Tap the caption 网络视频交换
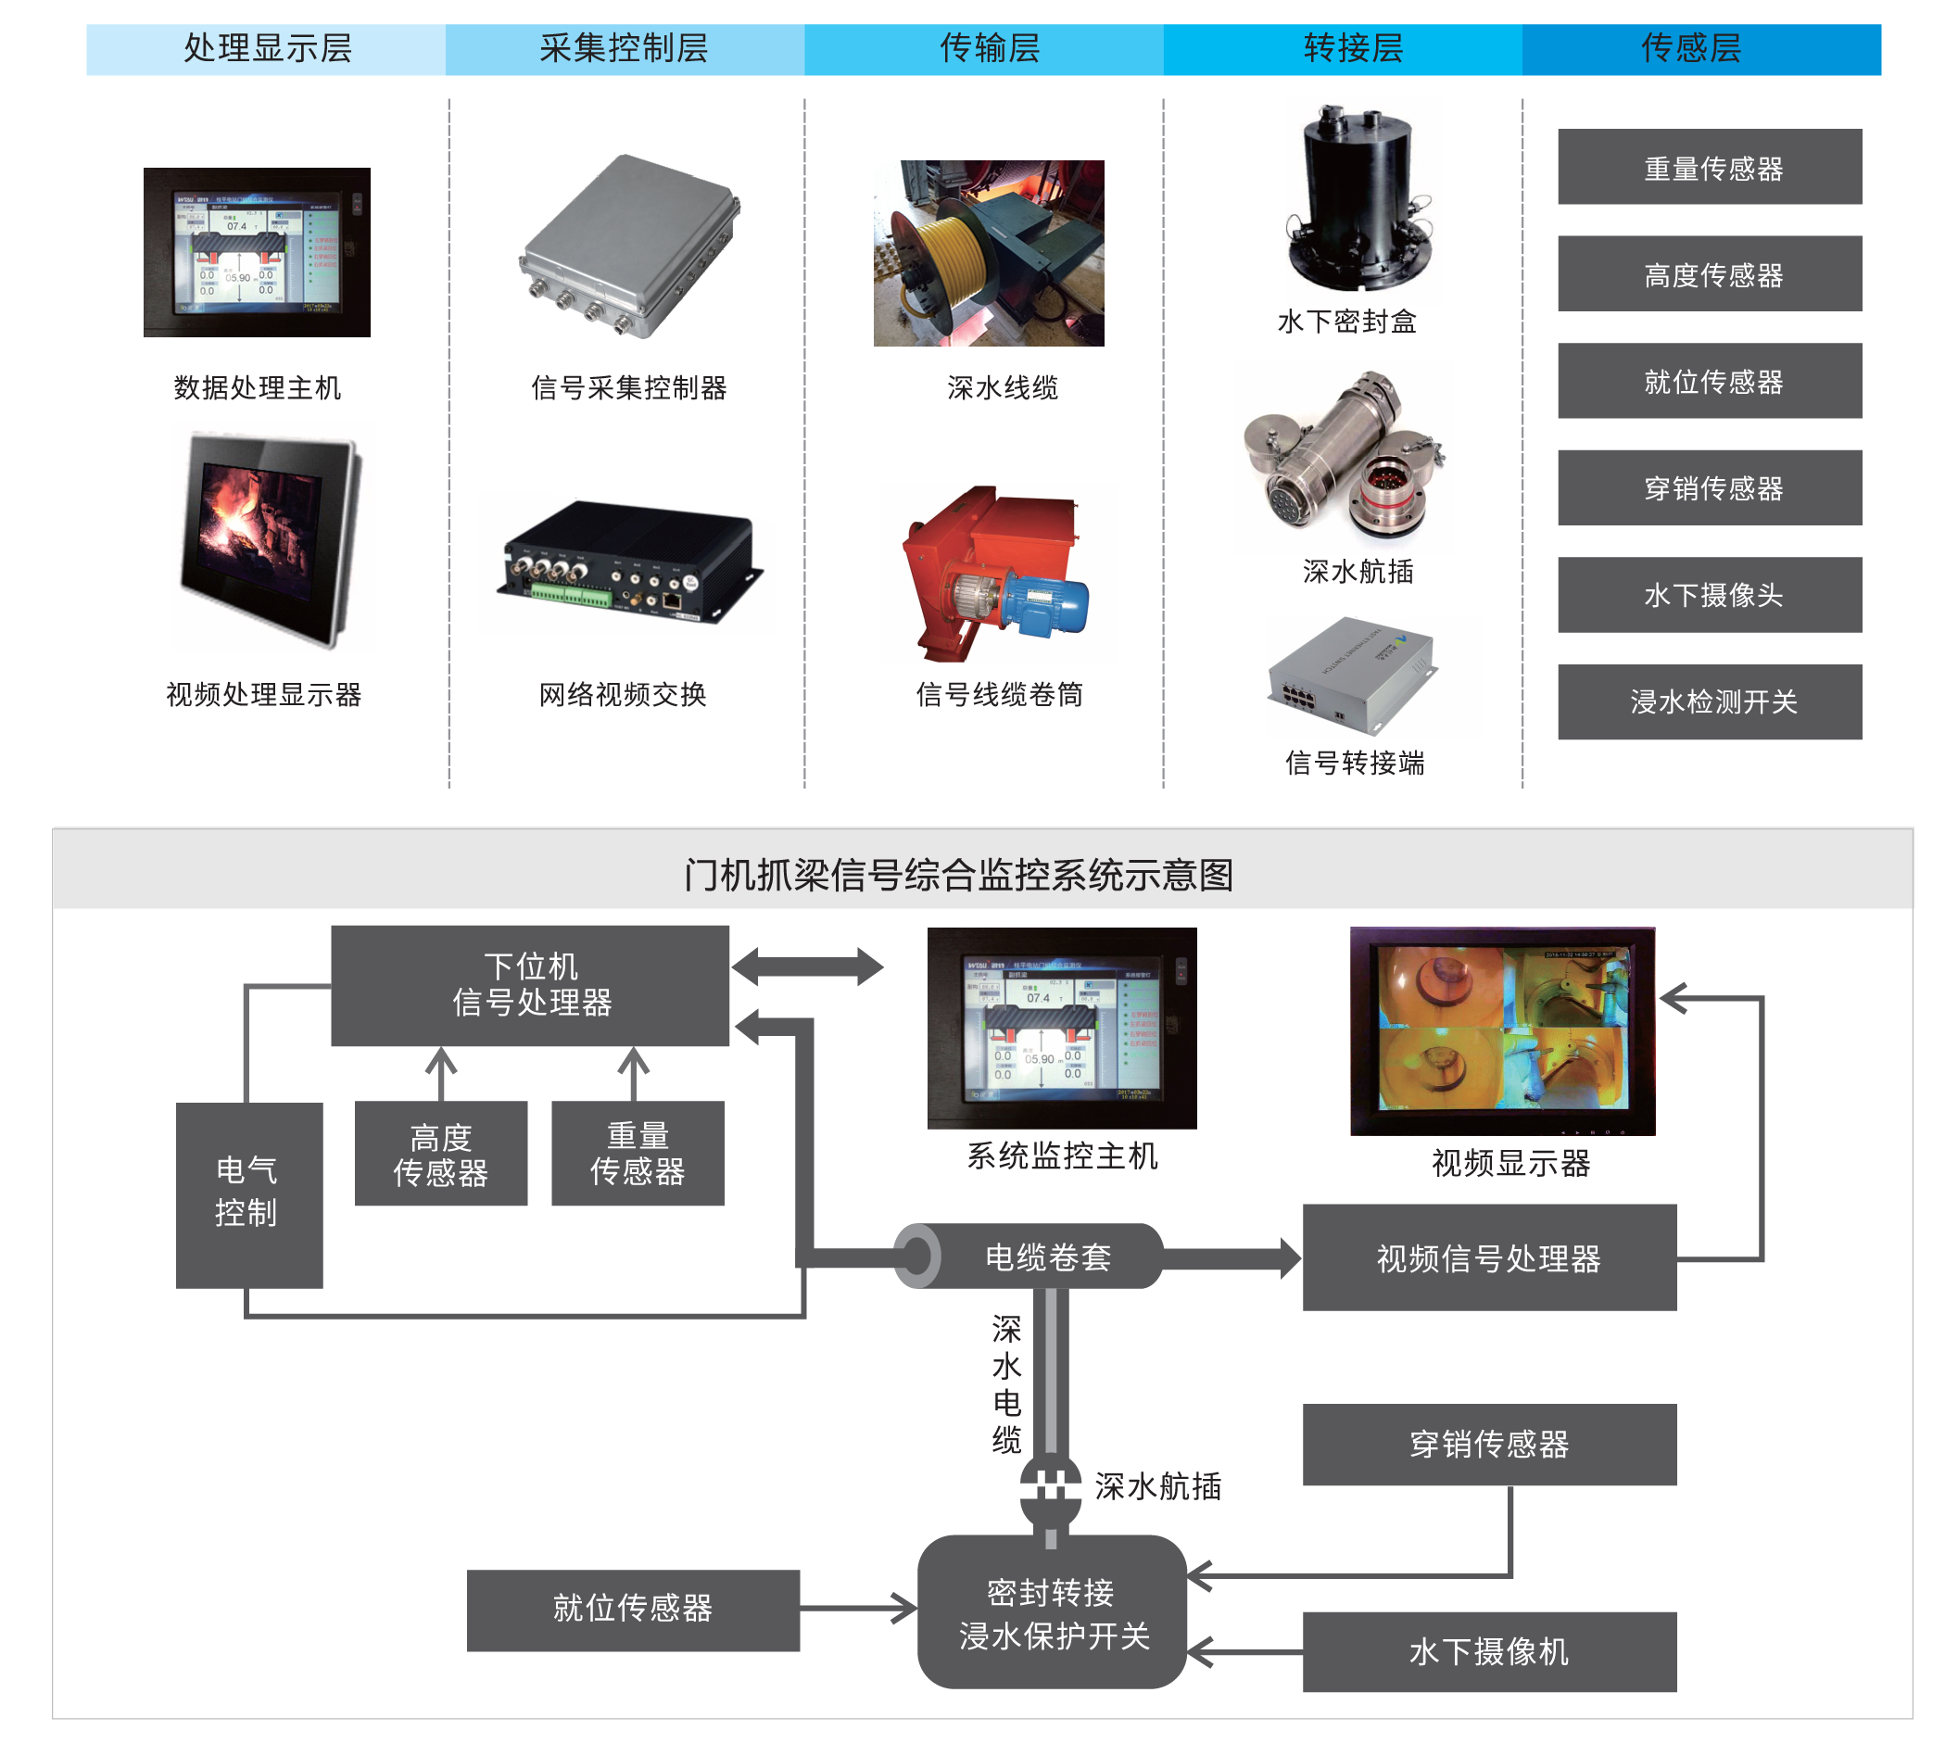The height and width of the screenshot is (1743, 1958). pos(623,694)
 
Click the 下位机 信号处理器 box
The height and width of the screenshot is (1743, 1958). pos(530,984)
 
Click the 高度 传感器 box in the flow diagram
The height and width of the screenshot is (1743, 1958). pos(441,1153)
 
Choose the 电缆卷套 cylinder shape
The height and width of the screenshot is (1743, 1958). pos(1030,1257)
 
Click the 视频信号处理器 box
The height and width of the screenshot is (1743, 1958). pos(1488,1257)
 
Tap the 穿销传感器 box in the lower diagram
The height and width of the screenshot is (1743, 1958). pos(1488,1445)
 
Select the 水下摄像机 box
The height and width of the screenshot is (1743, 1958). pos(1488,1652)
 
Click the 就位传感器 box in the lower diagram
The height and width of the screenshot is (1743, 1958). pos(633,1610)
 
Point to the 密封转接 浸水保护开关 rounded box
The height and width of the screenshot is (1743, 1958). pos(1052,1613)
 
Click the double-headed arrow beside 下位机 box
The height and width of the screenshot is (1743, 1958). pos(807,966)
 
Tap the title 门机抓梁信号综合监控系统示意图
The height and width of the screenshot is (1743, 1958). pos(959,876)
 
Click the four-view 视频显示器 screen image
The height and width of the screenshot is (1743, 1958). pos(1501,1030)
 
